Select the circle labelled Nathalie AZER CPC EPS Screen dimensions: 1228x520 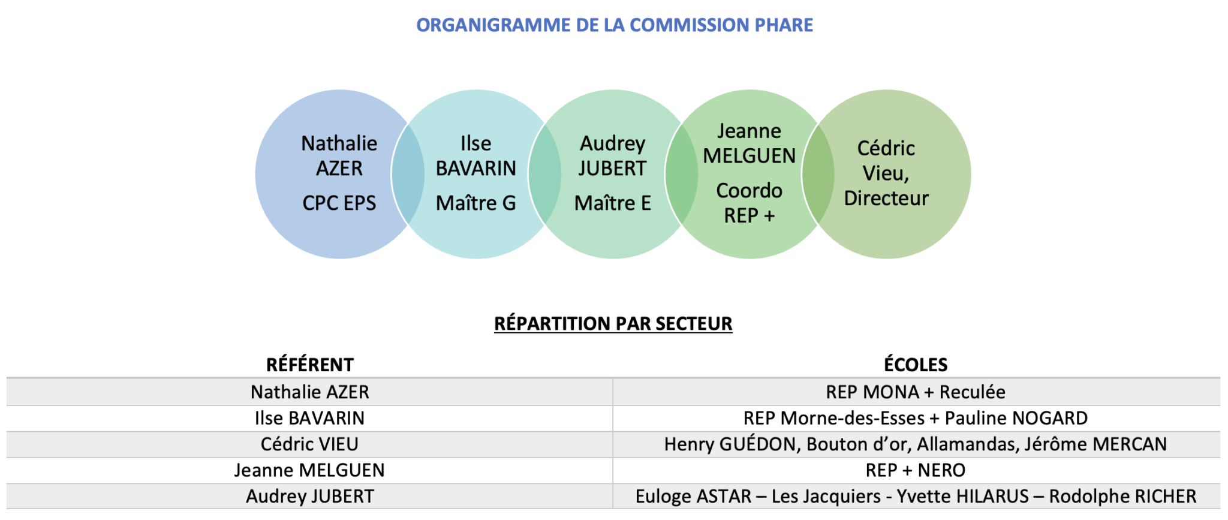(x=324, y=175)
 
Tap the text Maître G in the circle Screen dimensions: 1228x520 (x=476, y=203)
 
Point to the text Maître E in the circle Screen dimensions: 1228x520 (x=613, y=203)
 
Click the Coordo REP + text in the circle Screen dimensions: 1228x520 (x=750, y=203)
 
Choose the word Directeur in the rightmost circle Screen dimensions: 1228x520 (x=886, y=198)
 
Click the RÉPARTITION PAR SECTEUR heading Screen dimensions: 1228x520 (x=613, y=323)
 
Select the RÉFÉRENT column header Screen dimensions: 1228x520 (x=310, y=365)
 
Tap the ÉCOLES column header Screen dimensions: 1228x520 (x=916, y=365)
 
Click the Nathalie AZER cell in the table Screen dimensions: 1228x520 (x=310, y=392)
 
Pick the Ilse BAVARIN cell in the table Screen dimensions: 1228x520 (x=310, y=418)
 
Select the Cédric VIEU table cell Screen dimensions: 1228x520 (x=310, y=444)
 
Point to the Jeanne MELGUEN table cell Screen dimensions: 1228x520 (x=310, y=470)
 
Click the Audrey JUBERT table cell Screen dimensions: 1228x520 (x=310, y=497)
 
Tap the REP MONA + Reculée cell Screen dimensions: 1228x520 (x=916, y=392)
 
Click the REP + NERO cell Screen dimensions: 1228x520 (x=916, y=470)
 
